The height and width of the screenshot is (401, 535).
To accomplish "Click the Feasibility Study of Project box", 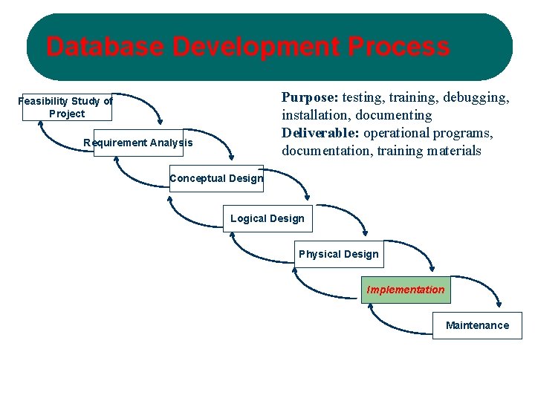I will pyautogui.click(x=66, y=107).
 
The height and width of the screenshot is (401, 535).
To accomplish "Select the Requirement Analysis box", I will pyautogui.click(x=138, y=143).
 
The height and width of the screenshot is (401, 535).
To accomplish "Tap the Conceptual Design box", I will pyautogui.click(x=215, y=178).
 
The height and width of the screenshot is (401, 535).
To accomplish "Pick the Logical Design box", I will pyautogui.click(x=267, y=218).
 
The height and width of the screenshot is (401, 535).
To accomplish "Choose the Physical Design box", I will pyautogui.click(x=338, y=254).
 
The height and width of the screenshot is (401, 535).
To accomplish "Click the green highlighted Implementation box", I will pyautogui.click(x=406, y=290).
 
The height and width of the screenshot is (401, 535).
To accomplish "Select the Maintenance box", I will pyautogui.click(x=477, y=325).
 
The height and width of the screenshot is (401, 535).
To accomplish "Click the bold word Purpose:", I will pyautogui.click(x=310, y=97).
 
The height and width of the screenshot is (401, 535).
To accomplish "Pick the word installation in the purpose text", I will pyautogui.click(x=315, y=115).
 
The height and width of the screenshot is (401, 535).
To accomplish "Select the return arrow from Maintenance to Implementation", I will pyautogui.click(x=394, y=327).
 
